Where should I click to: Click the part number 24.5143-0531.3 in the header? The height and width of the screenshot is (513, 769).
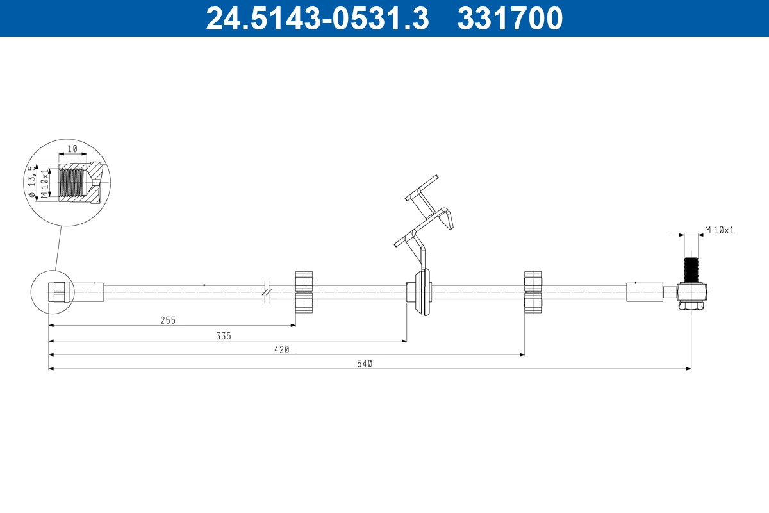317,18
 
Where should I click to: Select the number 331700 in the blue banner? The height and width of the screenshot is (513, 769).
509,18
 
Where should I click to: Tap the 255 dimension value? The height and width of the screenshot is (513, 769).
168,319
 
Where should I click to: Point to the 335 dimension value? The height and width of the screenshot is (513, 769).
223,335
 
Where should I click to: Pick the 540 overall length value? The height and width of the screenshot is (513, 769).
365,364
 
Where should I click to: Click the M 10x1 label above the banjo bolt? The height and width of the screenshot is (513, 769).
719,230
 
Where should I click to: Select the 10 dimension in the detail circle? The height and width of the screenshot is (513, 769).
72,148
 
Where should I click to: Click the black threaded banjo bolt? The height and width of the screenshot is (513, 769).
690,269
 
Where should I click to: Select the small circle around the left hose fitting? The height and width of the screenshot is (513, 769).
49,292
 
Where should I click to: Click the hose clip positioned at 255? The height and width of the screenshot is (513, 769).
304,292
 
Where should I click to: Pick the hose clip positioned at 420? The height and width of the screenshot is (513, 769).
534,292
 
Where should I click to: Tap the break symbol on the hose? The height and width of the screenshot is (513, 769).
267,292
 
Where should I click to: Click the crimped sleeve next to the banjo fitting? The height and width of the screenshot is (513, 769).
644,292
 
